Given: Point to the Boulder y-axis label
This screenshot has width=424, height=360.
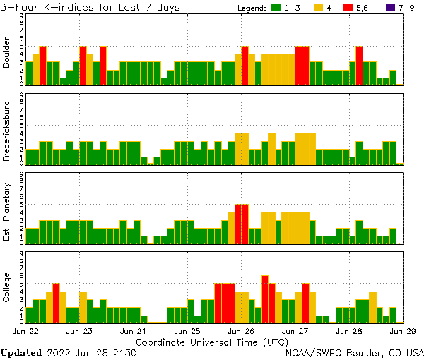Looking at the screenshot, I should (x=7, y=54).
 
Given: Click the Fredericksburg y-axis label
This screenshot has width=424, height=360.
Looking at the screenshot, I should (x=7, y=132).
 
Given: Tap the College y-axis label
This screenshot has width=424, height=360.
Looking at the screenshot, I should (x=7, y=289).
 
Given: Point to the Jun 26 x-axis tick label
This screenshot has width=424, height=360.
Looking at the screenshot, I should (x=241, y=330).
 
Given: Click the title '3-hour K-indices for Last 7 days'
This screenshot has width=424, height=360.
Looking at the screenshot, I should (x=90, y=7).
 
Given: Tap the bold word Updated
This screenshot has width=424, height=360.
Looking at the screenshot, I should (x=21, y=352).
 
